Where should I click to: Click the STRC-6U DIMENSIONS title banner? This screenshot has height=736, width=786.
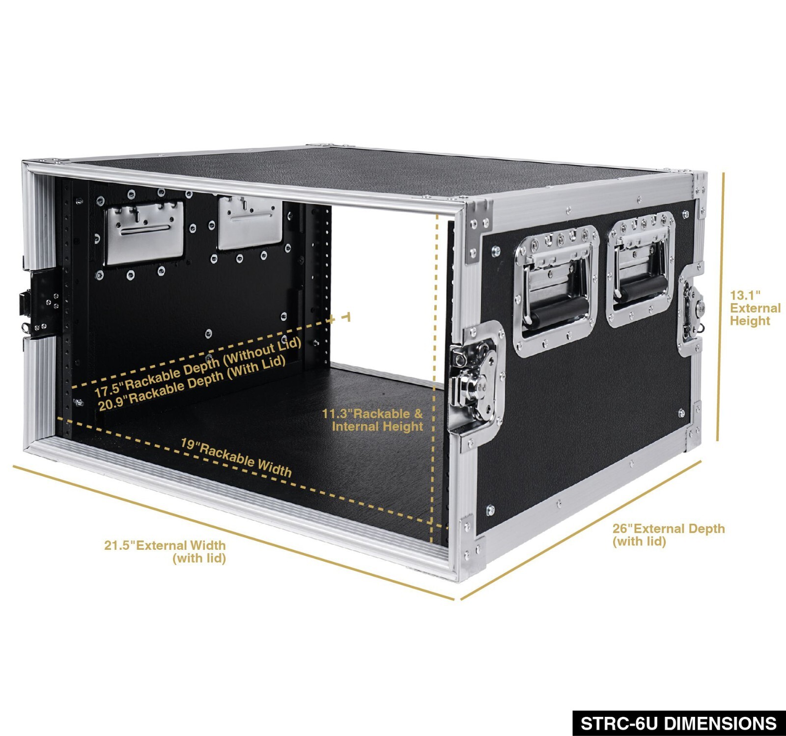pyautogui.click(x=678, y=723)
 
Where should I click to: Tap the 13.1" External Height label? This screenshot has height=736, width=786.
pyautogui.click(x=755, y=308)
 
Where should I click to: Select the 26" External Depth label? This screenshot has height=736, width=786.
pyautogui.click(x=668, y=535)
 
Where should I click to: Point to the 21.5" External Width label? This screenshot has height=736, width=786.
pyautogui.click(x=165, y=551)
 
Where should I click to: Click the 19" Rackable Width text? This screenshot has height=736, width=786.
pyautogui.click(x=236, y=457)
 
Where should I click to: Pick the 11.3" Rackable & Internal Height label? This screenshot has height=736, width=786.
pyautogui.click(x=372, y=420)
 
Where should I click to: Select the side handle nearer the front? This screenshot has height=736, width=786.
pyautogui.click(x=556, y=290)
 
